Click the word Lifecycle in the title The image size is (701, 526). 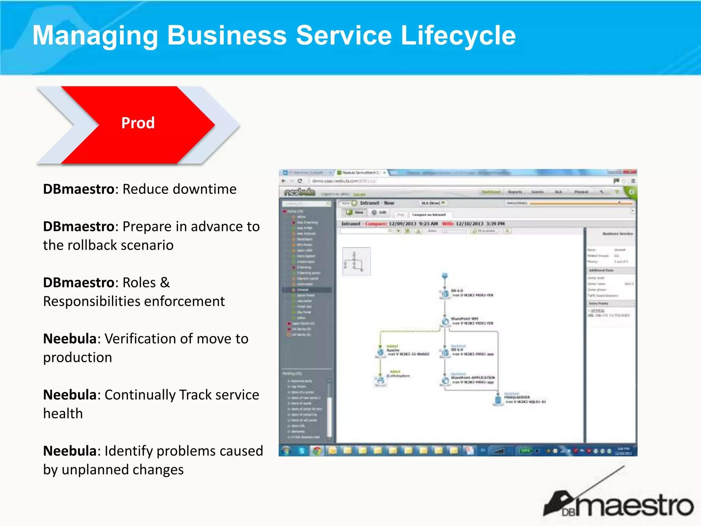458,36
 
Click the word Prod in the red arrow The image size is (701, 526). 138,123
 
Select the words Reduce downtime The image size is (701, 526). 179,189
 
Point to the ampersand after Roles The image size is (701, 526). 165,283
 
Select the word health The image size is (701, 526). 63,414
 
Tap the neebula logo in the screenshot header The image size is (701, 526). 299,192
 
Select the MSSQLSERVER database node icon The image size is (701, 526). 498,399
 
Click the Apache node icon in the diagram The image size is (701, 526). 380,352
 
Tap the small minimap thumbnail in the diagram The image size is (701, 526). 356,262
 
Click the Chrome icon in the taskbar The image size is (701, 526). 317,451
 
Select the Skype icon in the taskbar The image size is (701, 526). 302,451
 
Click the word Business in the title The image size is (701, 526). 227,36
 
